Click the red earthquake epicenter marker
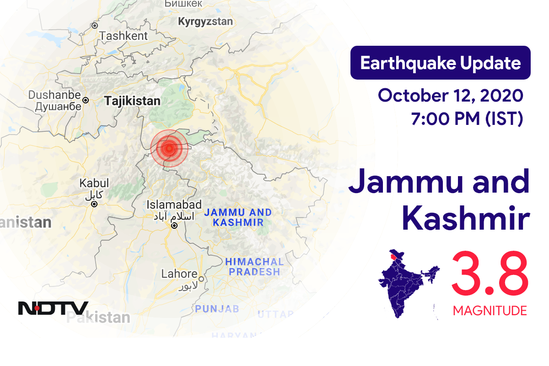169,148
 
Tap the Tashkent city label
124,36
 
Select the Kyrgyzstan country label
205,22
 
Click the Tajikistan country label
132,101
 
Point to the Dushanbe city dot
86,99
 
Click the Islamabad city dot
174,226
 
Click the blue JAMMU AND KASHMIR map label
238,217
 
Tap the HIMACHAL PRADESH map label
254,267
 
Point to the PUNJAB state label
217,309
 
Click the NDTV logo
53,308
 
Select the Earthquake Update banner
440,63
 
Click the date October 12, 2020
450,96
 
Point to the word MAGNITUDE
490,311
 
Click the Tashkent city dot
95,26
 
